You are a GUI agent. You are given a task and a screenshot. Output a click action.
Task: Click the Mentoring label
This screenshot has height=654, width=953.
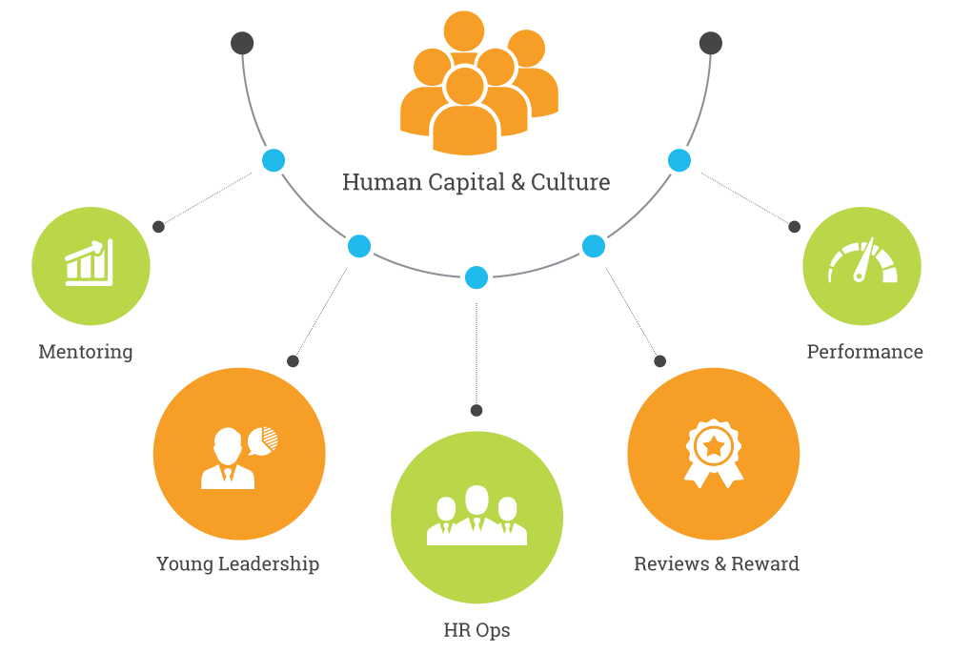click(x=86, y=352)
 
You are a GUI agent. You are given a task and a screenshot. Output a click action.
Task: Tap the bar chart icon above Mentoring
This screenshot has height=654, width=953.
click(x=90, y=263)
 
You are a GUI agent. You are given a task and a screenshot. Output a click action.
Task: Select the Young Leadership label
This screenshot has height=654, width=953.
click(x=237, y=563)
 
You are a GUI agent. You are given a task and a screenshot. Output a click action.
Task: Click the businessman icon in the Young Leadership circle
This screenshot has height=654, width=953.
click(x=229, y=460)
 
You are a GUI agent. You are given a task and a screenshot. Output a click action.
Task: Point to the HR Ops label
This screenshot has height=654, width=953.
click(x=476, y=630)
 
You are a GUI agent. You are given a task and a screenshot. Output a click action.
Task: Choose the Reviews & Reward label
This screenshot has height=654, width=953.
click(x=717, y=563)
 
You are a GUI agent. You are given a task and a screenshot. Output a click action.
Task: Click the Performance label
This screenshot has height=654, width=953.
click(x=864, y=352)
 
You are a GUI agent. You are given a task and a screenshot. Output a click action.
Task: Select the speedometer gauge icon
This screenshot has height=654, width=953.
click(x=862, y=262)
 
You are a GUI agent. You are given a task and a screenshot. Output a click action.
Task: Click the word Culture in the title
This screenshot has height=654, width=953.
click(x=571, y=182)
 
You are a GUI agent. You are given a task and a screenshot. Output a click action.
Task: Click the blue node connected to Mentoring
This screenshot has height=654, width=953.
click(x=274, y=160)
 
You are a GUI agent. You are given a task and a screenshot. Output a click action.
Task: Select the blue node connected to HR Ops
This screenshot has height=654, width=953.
click(x=476, y=278)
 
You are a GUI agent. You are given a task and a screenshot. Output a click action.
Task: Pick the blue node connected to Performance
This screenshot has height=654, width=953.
click(x=679, y=160)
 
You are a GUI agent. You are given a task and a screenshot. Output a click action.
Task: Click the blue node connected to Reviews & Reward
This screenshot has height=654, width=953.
click(x=593, y=247)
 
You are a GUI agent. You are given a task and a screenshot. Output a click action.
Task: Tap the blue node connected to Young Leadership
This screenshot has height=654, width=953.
click(x=359, y=247)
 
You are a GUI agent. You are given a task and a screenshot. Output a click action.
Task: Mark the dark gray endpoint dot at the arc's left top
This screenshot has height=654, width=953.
click(x=242, y=43)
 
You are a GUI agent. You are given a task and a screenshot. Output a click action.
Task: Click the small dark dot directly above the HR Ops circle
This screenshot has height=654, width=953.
click(x=476, y=410)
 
